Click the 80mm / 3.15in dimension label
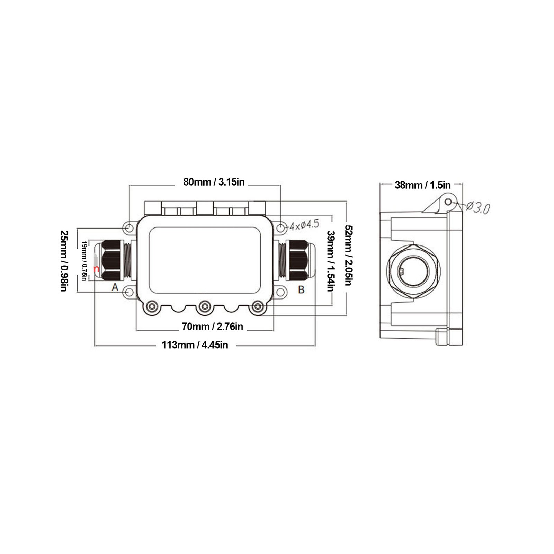(x=214, y=182)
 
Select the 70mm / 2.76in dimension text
(x=213, y=327)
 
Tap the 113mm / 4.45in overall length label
(x=195, y=345)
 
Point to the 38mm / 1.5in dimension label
(x=423, y=185)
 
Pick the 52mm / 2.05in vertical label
(x=349, y=255)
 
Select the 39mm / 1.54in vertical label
(x=331, y=261)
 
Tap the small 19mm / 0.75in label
(x=84, y=261)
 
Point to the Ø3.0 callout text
(x=478, y=208)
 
